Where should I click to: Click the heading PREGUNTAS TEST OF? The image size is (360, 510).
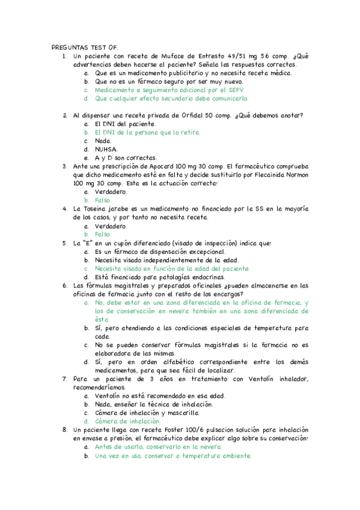tap(85, 47)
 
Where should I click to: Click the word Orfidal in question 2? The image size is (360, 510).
tap(190, 115)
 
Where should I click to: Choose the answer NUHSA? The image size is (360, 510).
tap(106, 149)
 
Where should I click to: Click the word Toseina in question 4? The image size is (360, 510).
tap(96, 209)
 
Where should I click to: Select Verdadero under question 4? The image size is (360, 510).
tap(111, 226)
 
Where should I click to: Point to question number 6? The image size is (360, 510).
tap(65, 286)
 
